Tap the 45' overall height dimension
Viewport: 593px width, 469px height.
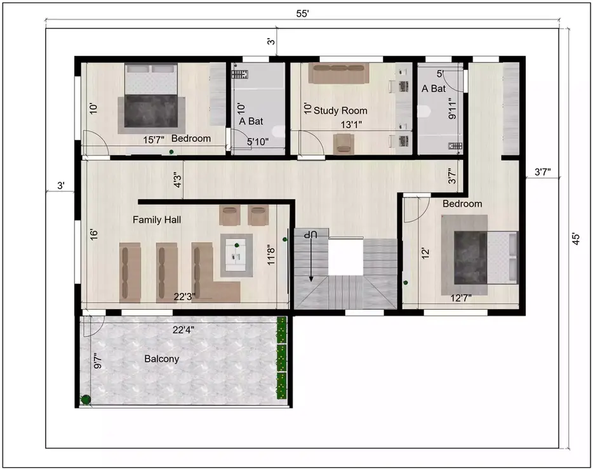tap(576, 239)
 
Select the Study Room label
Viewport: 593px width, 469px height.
tap(341, 110)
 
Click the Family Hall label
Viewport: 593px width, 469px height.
tap(157, 220)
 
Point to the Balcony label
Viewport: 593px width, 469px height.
tap(161, 359)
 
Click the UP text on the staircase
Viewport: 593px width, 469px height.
tap(310, 235)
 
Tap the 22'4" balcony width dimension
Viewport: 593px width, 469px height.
tap(183, 329)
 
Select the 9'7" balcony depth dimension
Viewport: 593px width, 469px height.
tap(97, 360)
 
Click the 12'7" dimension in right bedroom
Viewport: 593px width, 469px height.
tap(461, 298)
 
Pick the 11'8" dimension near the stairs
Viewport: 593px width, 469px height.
tap(271, 254)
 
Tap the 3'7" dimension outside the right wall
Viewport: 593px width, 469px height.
tap(542, 171)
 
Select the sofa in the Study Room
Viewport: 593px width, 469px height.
tap(338, 73)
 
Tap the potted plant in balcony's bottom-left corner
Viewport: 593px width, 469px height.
tap(86, 399)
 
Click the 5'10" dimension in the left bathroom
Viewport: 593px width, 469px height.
tap(258, 142)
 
